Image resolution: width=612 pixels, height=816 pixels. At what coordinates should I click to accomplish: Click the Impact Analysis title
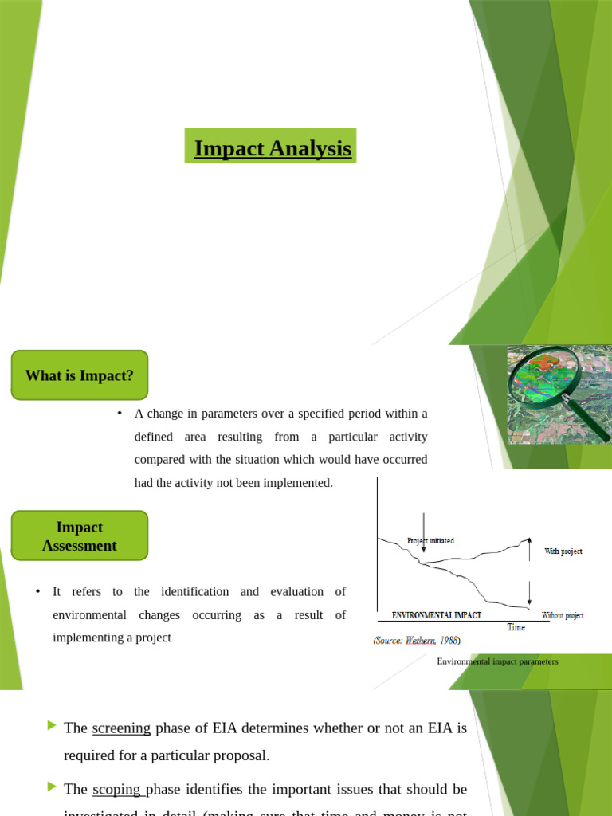tap(272, 148)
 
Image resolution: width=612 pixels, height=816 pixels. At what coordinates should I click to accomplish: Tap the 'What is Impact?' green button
tap(79, 375)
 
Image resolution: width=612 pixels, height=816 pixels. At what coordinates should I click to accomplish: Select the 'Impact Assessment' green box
tap(80, 536)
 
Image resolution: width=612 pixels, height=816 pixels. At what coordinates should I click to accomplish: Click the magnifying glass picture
tap(559, 395)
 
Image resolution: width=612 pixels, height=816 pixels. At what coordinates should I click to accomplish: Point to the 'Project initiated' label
tap(430, 540)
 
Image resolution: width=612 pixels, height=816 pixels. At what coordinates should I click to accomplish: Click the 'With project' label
tap(563, 551)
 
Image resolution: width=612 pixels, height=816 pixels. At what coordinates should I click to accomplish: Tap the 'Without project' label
tap(563, 615)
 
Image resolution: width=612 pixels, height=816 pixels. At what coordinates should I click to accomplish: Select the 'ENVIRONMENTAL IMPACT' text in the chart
tap(436, 615)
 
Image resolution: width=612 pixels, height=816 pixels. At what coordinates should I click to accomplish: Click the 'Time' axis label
tap(516, 627)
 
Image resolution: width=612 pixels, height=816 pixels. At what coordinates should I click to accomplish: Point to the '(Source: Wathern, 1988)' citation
tap(416, 640)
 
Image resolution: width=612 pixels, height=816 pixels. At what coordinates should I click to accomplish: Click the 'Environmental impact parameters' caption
tap(497, 661)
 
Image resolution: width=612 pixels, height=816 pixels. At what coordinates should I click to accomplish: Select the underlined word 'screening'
tap(121, 728)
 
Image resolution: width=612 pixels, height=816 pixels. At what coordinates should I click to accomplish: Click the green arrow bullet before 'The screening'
tap(53, 725)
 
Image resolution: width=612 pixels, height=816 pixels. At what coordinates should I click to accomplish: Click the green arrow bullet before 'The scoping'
tap(53, 787)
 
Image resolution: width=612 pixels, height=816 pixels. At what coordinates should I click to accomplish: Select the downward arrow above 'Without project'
tap(529, 594)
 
